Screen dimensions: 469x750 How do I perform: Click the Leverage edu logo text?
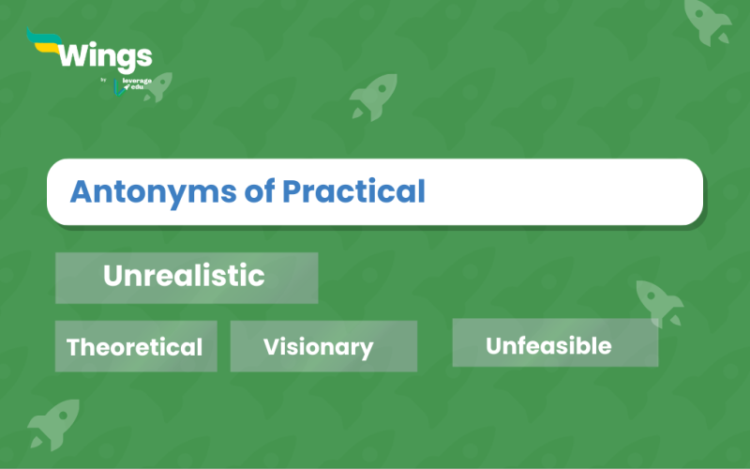pyautogui.click(x=134, y=85)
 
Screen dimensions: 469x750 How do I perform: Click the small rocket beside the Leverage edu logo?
pyautogui.click(x=157, y=86)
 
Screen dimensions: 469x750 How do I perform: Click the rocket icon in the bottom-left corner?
pyautogui.click(x=53, y=424)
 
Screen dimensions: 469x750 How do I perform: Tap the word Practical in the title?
pyautogui.click(x=354, y=191)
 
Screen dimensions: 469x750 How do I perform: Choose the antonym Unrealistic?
pyautogui.click(x=184, y=276)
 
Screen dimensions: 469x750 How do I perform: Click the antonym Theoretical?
pyautogui.click(x=134, y=347)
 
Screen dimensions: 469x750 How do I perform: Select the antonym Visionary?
pyautogui.click(x=318, y=347)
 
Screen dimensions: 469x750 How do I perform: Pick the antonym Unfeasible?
pyautogui.click(x=548, y=345)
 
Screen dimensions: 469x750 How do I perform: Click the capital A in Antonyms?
pyautogui.click(x=81, y=191)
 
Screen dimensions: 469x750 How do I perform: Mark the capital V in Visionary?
pyautogui.click(x=271, y=347)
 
